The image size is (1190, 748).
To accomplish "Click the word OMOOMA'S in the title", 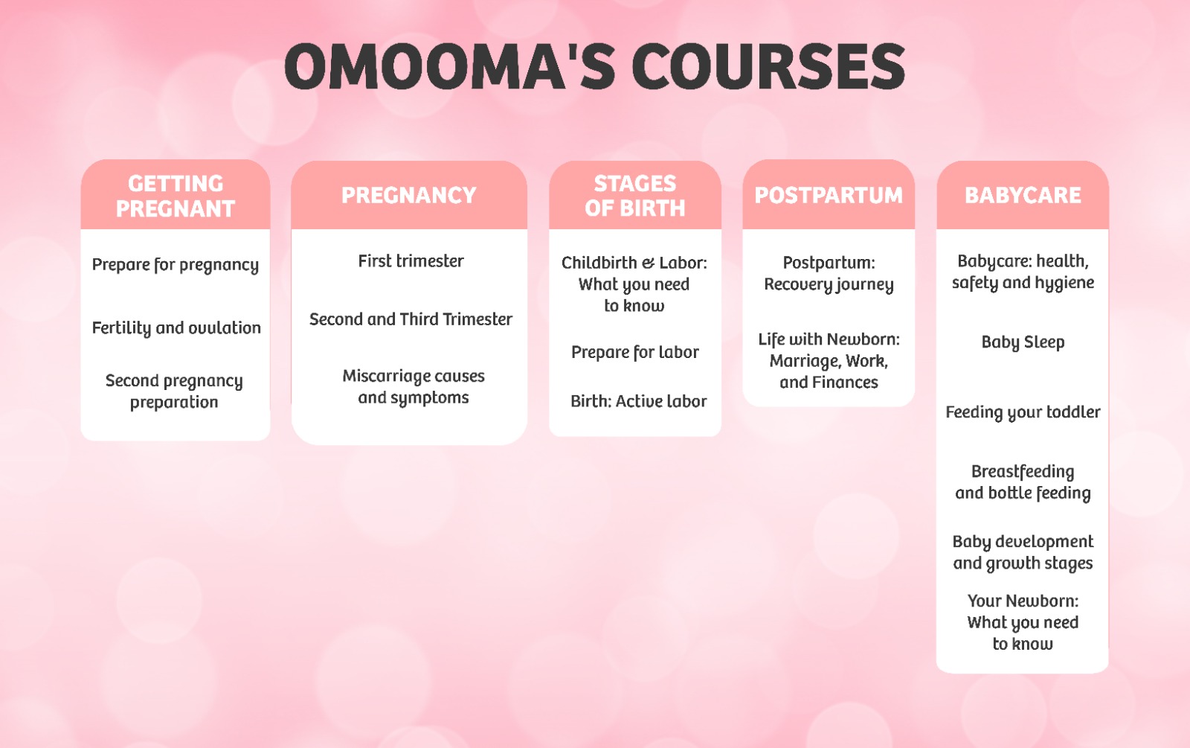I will pyautogui.click(x=450, y=67).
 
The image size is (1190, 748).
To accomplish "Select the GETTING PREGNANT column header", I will pyautogui.click(x=176, y=196).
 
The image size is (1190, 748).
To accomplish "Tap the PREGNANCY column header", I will pyautogui.click(x=409, y=195).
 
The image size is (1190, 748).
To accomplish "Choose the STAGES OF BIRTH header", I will pyautogui.click(x=635, y=196).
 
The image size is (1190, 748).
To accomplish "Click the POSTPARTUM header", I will pyautogui.click(x=829, y=195).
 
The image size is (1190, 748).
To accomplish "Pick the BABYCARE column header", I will pyautogui.click(x=1023, y=195).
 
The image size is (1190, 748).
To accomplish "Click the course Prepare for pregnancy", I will pyautogui.click(x=176, y=265).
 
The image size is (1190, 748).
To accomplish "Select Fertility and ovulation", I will pyautogui.click(x=176, y=328).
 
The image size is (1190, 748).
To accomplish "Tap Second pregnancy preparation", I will pyautogui.click(x=174, y=391).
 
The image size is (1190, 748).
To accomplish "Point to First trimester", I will pyautogui.click(x=411, y=261).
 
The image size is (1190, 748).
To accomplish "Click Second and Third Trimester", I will pyautogui.click(x=411, y=319).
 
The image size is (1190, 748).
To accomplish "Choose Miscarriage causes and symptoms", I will pyautogui.click(x=414, y=387).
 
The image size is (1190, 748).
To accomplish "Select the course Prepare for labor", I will pyautogui.click(x=635, y=352).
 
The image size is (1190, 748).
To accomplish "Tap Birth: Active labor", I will pyautogui.click(x=638, y=401).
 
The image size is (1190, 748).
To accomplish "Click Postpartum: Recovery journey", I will pyautogui.click(x=829, y=274).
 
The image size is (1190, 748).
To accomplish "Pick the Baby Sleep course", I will pyautogui.click(x=1023, y=342).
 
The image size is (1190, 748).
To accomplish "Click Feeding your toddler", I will pyautogui.click(x=1023, y=412).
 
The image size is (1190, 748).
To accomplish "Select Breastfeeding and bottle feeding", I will pyautogui.click(x=1023, y=482).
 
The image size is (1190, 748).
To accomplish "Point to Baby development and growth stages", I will pyautogui.click(x=1023, y=552).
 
